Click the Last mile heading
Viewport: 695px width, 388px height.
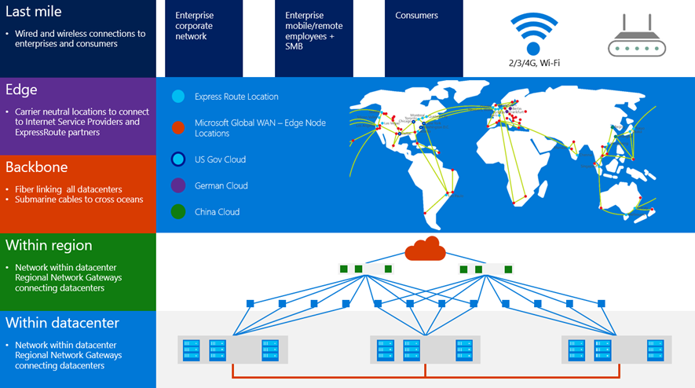pyautogui.click(x=34, y=12)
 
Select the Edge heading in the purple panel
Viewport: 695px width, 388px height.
pyautogui.click(x=21, y=90)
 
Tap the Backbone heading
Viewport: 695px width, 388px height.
pyautogui.click(x=37, y=167)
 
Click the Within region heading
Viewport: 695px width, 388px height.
pyautogui.click(x=49, y=245)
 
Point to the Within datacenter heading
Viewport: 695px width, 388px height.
pyautogui.click(x=63, y=323)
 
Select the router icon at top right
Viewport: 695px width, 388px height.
pyautogui.click(x=636, y=38)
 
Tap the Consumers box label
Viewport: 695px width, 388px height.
pyautogui.click(x=416, y=16)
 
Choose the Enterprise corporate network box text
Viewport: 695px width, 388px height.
pyautogui.click(x=194, y=26)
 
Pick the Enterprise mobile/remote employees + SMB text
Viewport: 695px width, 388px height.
pyautogui.click(x=313, y=31)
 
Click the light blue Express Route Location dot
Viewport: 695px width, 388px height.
pyautogui.click(x=177, y=97)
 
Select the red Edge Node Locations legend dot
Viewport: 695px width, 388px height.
pyautogui.click(x=177, y=128)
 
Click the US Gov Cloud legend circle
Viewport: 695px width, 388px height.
pyautogui.click(x=177, y=159)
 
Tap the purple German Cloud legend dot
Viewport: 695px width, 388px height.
pyautogui.click(x=177, y=185)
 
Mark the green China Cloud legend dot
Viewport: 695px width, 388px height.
pyautogui.click(x=177, y=212)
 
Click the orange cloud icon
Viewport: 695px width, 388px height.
pyautogui.click(x=425, y=250)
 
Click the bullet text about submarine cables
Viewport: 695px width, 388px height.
pyautogui.click(x=79, y=199)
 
